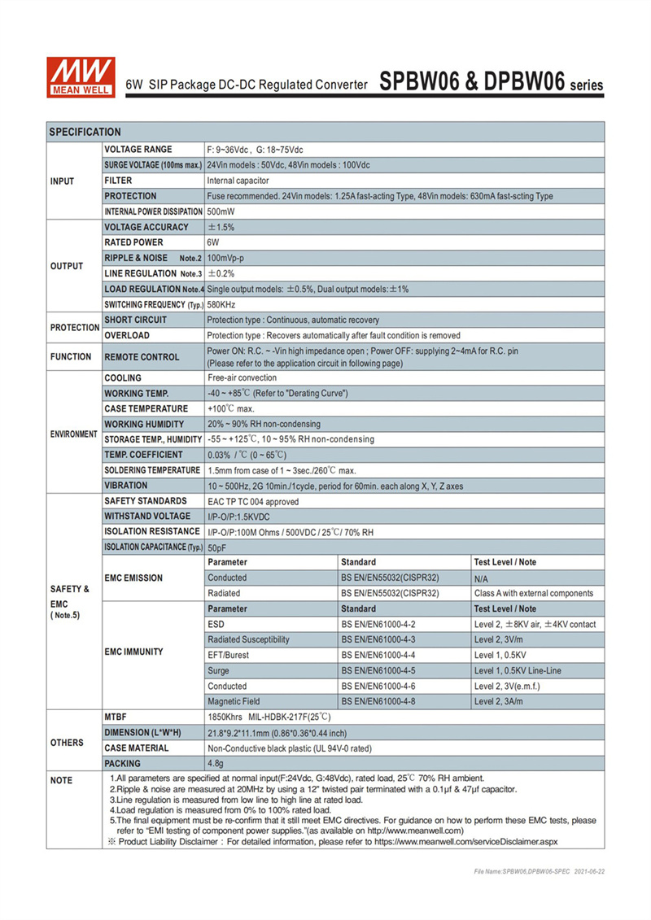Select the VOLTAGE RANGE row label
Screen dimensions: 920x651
[138, 150]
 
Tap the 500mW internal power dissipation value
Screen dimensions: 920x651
[222, 212]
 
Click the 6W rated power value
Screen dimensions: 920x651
[214, 243]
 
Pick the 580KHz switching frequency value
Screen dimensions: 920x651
[222, 305]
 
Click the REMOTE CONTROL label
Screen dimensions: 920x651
[142, 357]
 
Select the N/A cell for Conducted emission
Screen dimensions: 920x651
[481, 578]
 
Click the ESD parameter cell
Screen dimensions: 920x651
[216, 625]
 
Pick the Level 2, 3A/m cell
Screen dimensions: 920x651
[505, 701]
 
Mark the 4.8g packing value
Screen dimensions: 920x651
[217, 764]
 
